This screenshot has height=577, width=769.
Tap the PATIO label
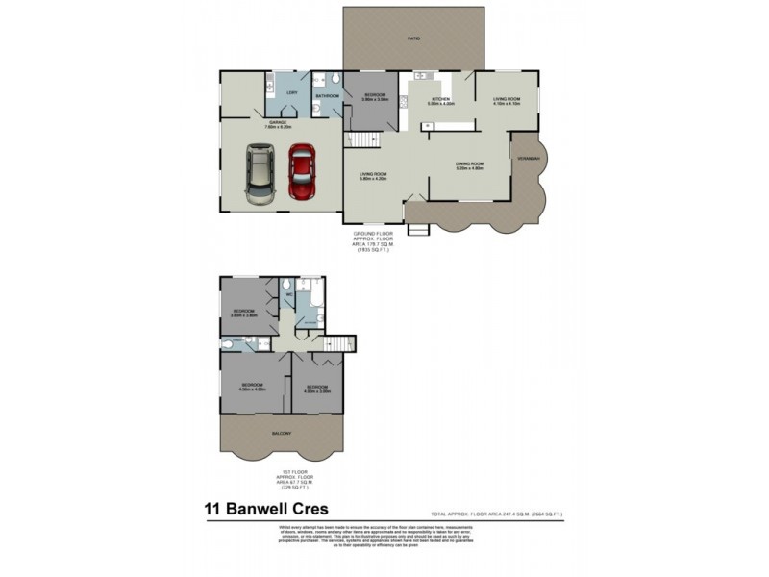pyautogui.click(x=414, y=38)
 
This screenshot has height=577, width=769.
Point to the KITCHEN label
pyautogui.click(x=440, y=99)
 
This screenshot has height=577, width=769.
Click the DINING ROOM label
pyautogui.click(x=469, y=164)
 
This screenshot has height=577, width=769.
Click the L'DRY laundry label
pyautogui.click(x=291, y=92)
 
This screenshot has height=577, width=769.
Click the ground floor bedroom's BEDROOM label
pyautogui.click(x=375, y=95)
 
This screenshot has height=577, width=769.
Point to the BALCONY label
pyautogui.click(x=282, y=433)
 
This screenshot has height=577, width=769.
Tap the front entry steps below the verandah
pyautogui.click(x=417, y=230)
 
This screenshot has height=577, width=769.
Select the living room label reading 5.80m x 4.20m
pyautogui.click(x=372, y=177)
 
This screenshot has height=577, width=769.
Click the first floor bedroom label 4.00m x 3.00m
pyautogui.click(x=316, y=390)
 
